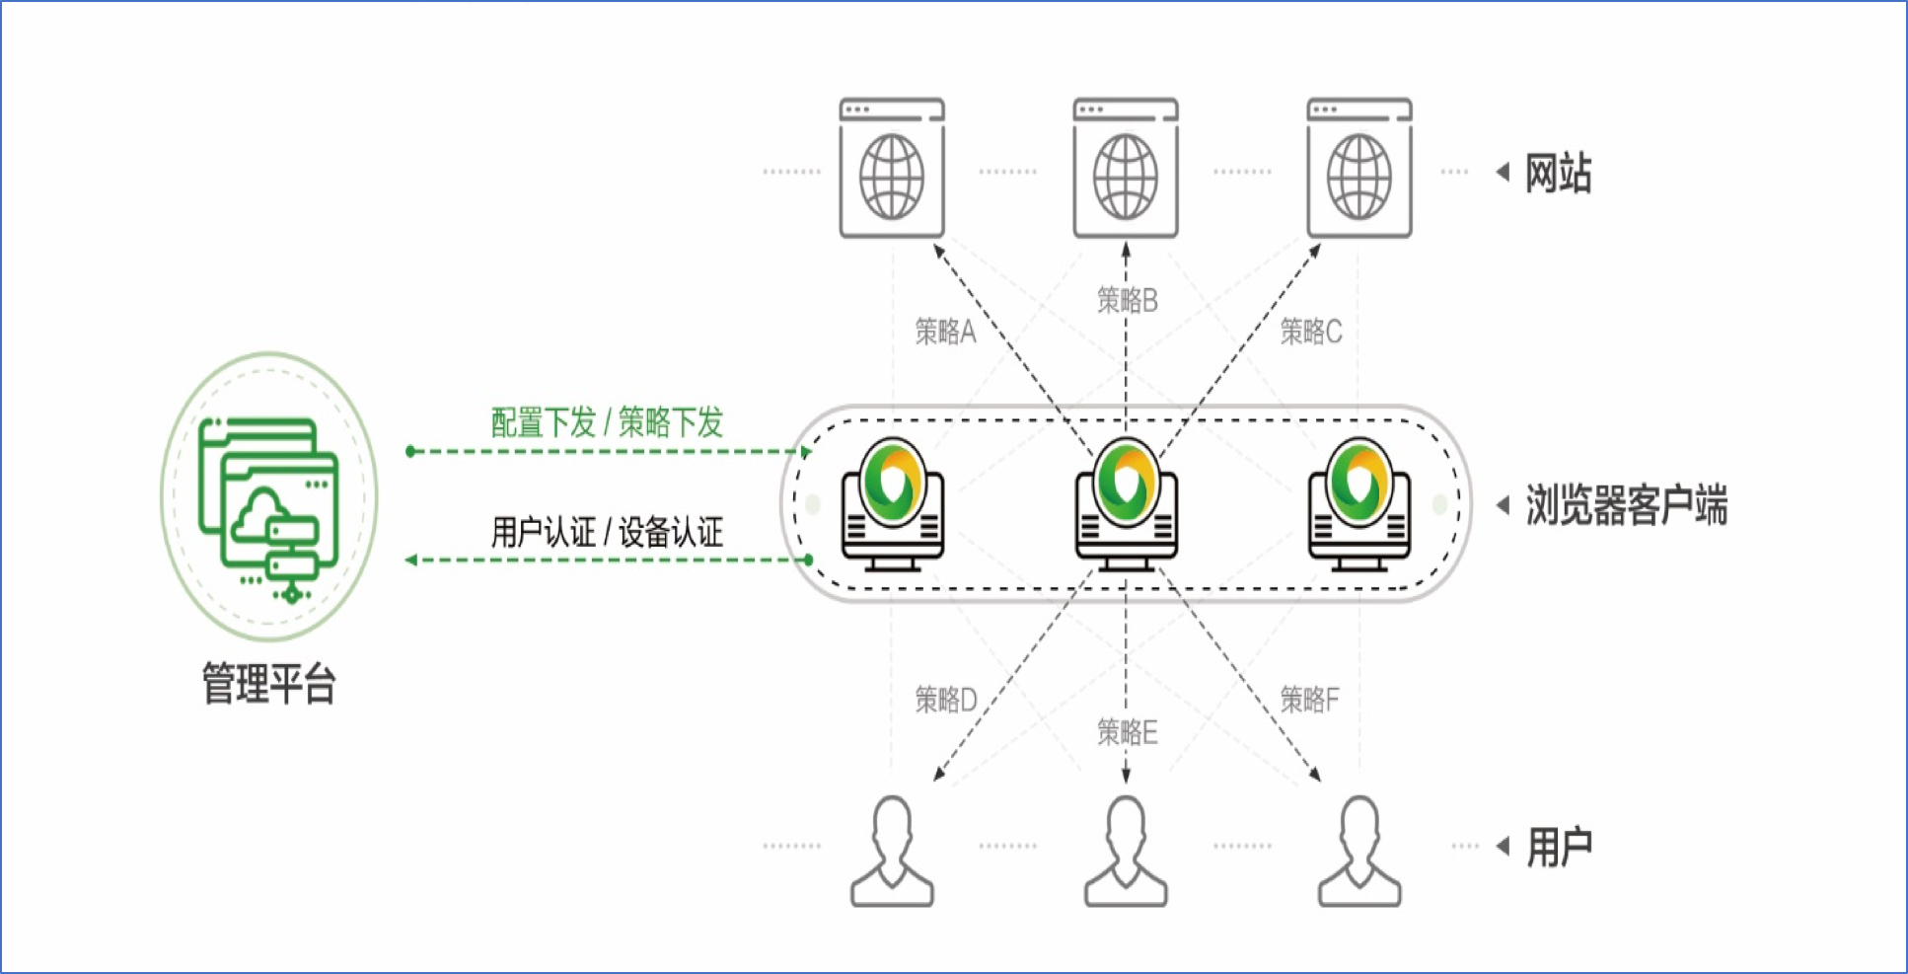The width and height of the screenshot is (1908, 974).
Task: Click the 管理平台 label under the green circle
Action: (268, 683)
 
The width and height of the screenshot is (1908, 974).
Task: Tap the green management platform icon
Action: (268, 498)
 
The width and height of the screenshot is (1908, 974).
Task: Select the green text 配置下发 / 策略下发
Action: (607, 422)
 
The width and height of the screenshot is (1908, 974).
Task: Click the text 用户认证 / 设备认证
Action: (607, 533)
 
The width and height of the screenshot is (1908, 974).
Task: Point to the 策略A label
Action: (944, 332)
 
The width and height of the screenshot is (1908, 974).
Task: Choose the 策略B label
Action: (1127, 300)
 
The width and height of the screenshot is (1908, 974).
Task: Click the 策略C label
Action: (1310, 332)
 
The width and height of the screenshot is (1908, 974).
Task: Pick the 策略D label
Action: (945, 700)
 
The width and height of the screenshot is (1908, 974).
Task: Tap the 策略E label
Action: (1127, 731)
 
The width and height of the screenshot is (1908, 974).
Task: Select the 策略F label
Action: (1309, 700)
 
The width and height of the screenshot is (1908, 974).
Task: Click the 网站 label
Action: (1558, 174)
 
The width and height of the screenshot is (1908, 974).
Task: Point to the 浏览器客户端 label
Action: (1626, 505)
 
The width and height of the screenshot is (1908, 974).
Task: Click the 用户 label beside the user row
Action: (1559, 847)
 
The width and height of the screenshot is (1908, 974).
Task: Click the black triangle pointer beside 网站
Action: (1503, 173)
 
